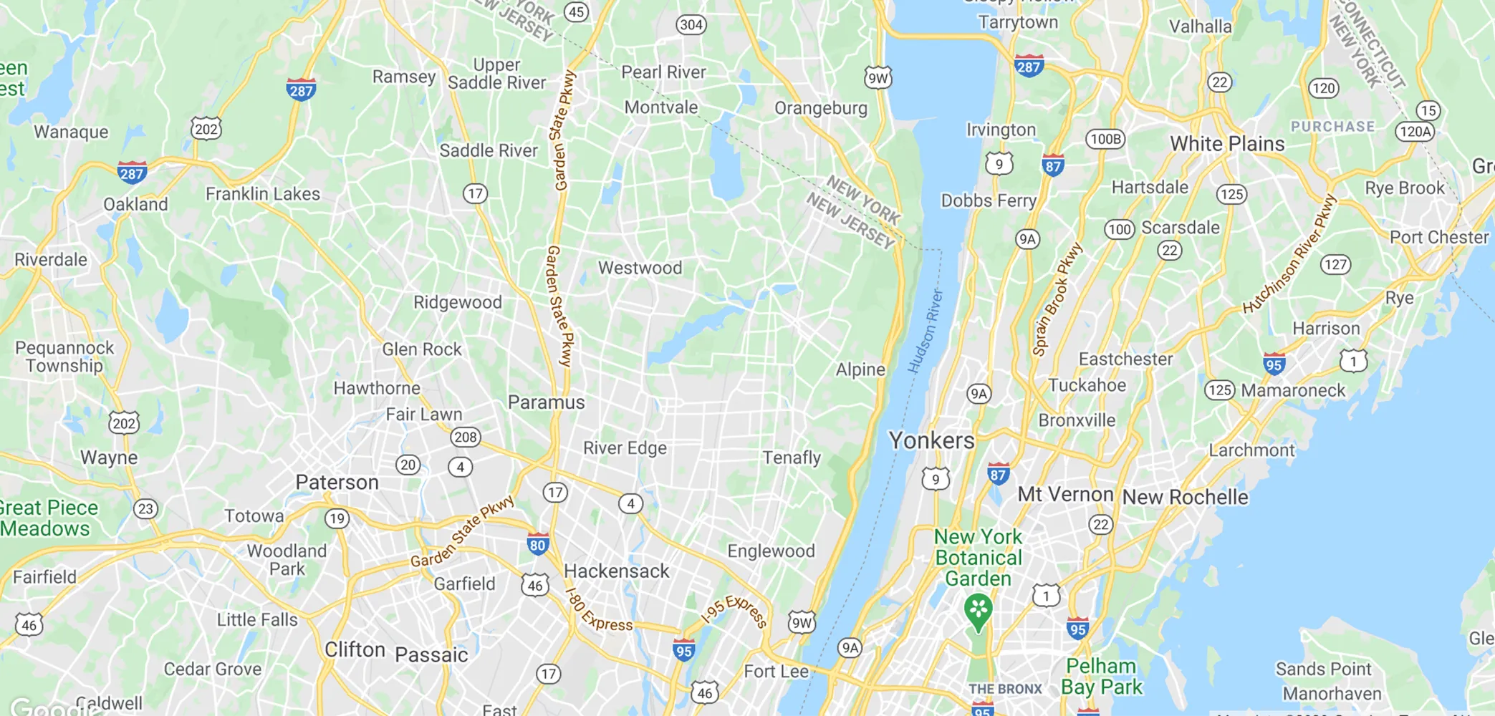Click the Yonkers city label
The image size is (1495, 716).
pos(931,440)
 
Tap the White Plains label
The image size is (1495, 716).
pos(1227,144)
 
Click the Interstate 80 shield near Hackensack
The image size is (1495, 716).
pos(538,544)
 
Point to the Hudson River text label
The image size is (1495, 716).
pos(926,332)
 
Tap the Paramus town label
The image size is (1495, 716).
pos(546,402)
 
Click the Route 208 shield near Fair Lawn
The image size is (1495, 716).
pos(465,437)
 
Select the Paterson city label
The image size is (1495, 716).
pos(337,483)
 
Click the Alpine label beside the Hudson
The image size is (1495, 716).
pos(860,369)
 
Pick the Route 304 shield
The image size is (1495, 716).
pos(691,25)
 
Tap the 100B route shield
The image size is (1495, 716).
pos(1105,139)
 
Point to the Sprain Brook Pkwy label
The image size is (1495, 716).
pos(1057,299)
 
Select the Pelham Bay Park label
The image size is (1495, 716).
pos(1101,677)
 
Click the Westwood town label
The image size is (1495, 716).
pos(640,268)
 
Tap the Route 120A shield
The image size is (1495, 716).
pos(1415,132)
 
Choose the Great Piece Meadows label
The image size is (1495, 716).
pos(49,518)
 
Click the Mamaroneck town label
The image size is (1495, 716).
pos(1293,391)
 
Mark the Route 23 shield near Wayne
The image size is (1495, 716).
pos(145,509)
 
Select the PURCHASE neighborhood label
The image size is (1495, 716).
pos(1332,127)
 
